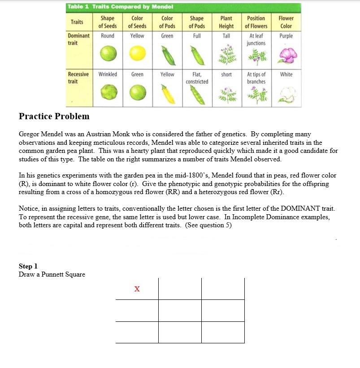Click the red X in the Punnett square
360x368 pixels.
coord(137,289)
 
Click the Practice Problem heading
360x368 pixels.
coord(54,117)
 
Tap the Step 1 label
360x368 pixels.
coord(28,266)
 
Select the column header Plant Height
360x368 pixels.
coord(226,22)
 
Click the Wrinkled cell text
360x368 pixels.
coord(108,74)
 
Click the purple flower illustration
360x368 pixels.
coord(286,56)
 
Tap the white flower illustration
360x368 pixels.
coord(286,94)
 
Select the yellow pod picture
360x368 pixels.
coord(167,94)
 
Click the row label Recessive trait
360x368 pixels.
coord(78,78)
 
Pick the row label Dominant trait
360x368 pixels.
coord(78,39)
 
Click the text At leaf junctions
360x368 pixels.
coord(256,39)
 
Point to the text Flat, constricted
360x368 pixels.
coord(197,78)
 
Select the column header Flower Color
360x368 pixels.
coord(286,22)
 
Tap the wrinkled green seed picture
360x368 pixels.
coord(108,93)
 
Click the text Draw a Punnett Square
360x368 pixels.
coord(52,274)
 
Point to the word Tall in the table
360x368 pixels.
coord(226,36)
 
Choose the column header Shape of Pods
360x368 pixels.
coord(197,22)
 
